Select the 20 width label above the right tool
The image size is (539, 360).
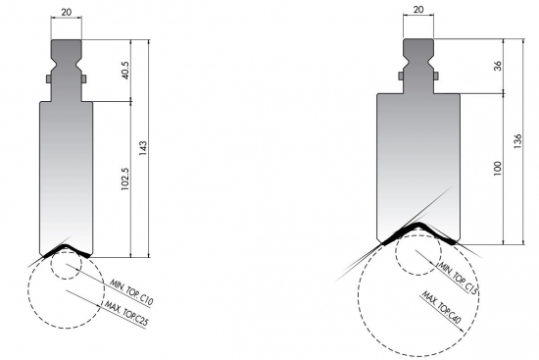418,11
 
